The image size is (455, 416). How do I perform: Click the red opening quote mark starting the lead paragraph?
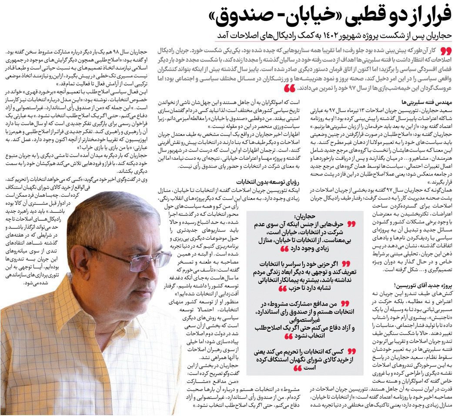coord(446,50)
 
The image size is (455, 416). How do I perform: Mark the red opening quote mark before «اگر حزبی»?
coord(347,264)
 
